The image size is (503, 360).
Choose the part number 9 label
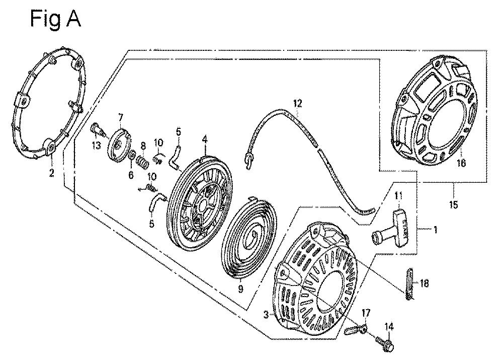pos(240,289)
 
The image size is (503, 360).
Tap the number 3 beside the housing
pos(265,315)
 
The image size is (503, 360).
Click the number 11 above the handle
pos(399,196)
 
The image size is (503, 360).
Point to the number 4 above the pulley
pos(205,137)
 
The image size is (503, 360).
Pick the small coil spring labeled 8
pos(143,163)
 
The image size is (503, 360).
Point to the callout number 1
pos(435,229)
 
